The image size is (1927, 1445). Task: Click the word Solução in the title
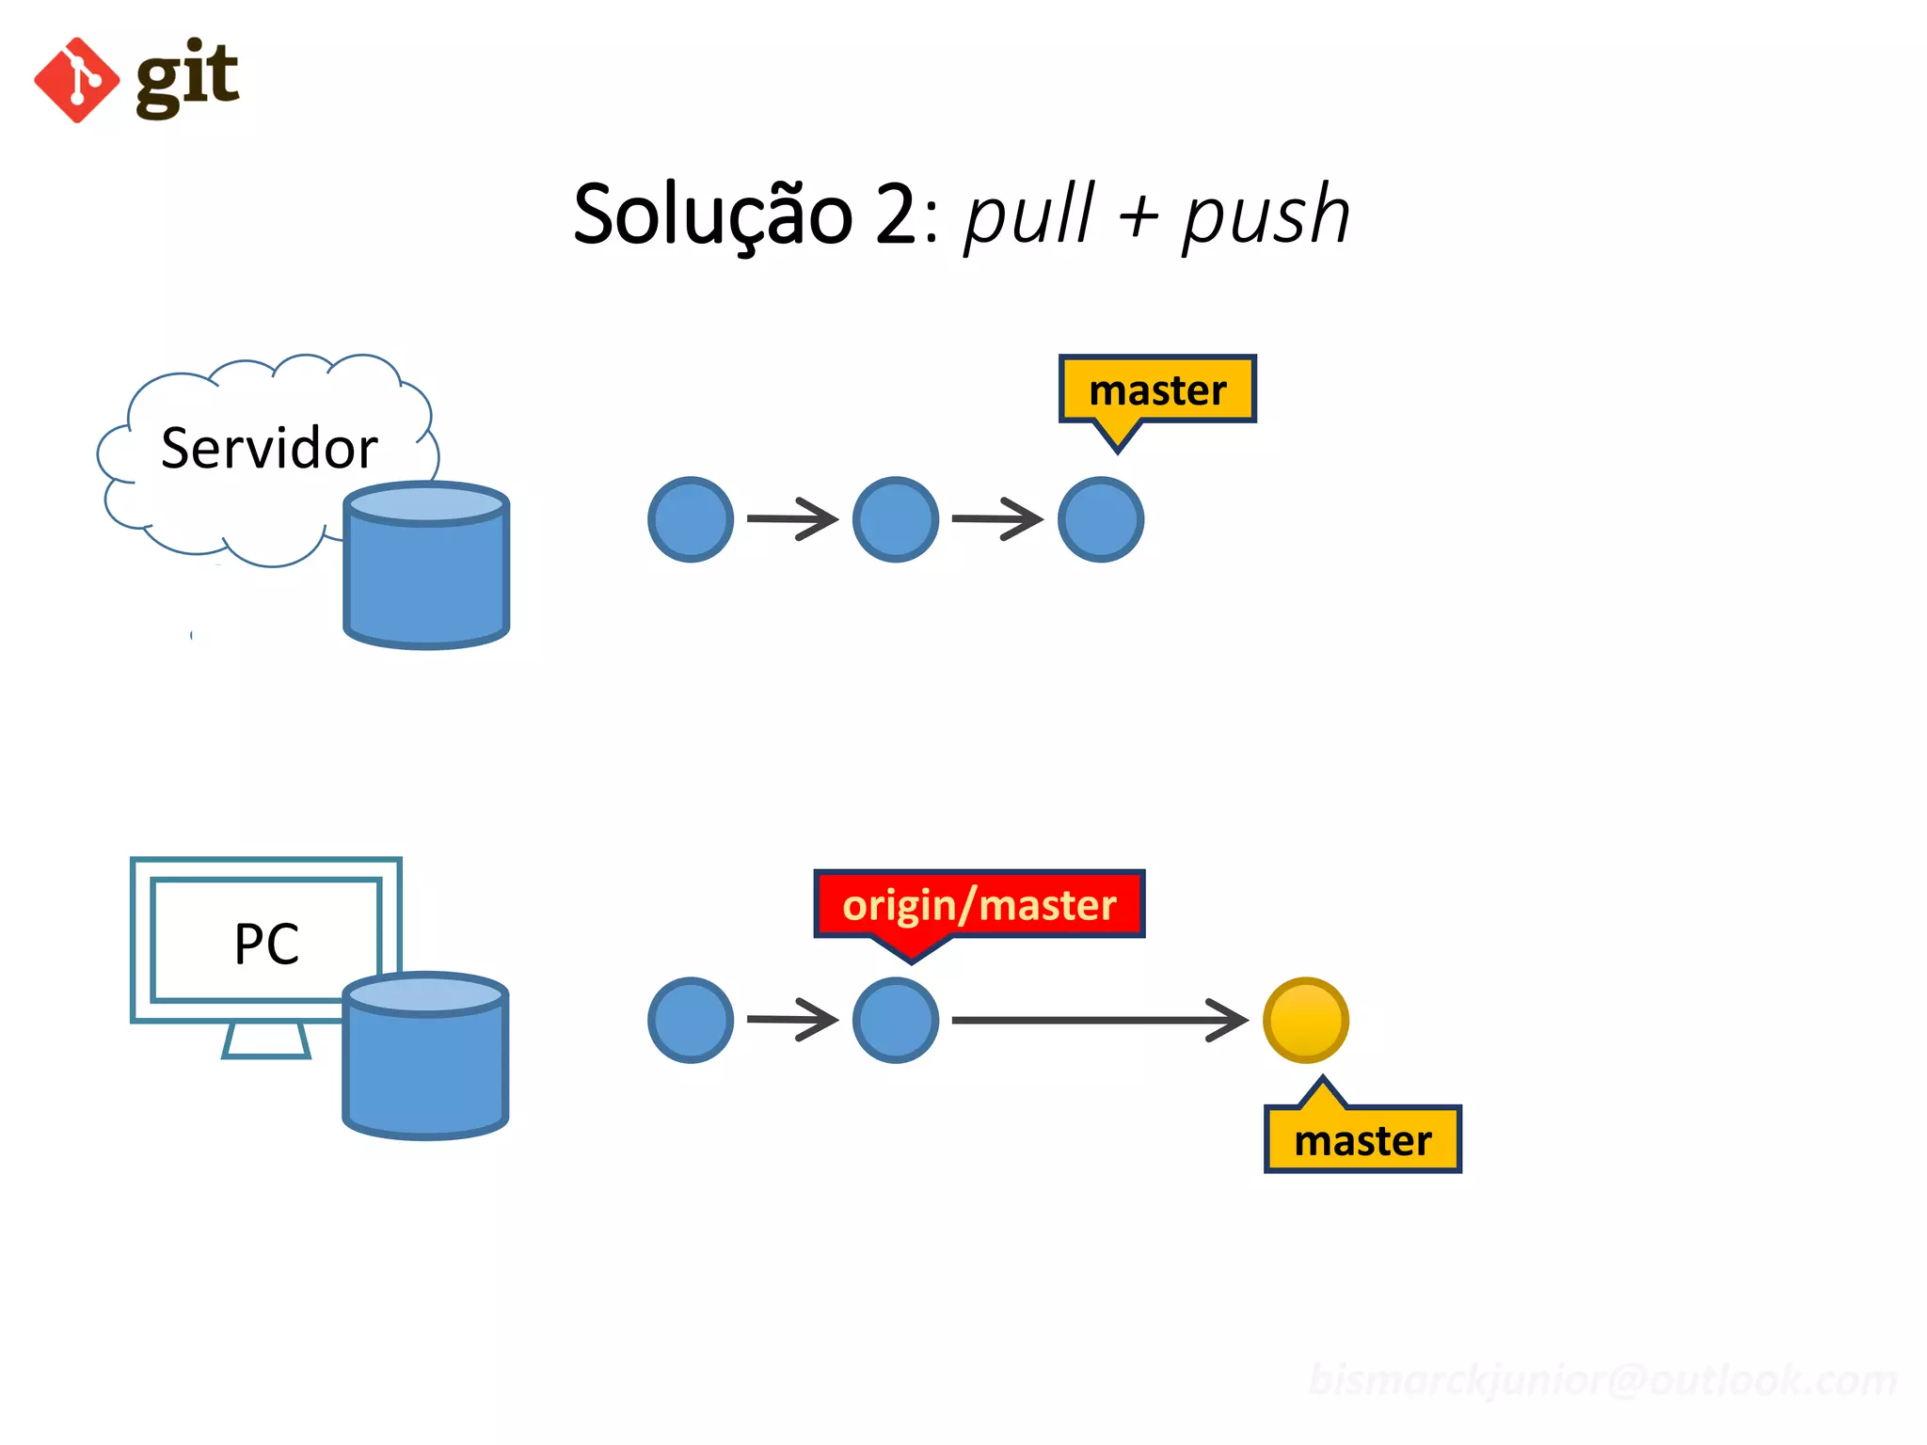pos(712,215)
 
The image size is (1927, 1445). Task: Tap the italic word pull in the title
pos(1029,215)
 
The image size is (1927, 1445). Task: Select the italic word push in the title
pos(1266,215)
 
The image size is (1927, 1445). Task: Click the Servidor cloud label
pos(269,448)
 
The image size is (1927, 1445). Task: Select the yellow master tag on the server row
pos(1157,389)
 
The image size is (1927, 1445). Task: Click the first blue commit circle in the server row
pos(691,519)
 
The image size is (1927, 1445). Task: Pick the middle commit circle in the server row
pos(895,519)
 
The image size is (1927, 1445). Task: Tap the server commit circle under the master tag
pos(1100,519)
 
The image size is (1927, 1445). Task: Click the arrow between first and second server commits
pos(792,518)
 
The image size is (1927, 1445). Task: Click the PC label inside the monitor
pos(266,944)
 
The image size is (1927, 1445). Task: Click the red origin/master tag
pos(979,904)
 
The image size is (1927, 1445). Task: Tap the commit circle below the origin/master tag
pos(895,1020)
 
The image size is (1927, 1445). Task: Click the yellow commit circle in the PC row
pos(1305,1020)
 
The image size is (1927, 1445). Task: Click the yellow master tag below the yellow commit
pos(1362,1140)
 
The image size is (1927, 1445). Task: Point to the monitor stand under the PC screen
pos(266,1040)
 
